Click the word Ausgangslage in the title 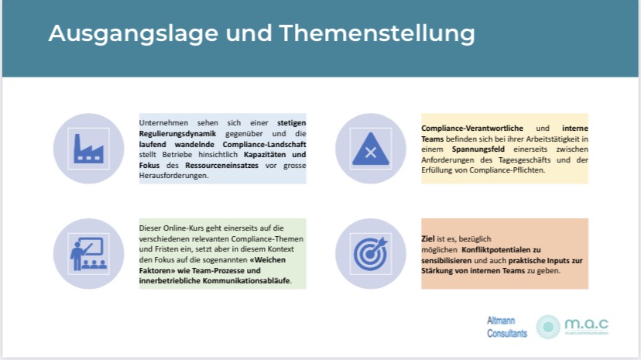(x=133, y=33)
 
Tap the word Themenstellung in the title (x=377, y=33)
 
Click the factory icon (x=89, y=149)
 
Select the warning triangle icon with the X (x=371, y=149)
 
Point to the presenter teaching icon (x=89, y=254)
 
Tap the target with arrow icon (x=371, y=254)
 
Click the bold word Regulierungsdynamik (x=177, y=134)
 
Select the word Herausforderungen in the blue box (x=173, y=176)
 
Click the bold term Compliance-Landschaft (x=264, y=144)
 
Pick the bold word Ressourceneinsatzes (x=221, y=166)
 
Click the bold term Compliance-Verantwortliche (x=472, y=129)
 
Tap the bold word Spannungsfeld (x=478, y=149)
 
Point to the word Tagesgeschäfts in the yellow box (x=525, y=160)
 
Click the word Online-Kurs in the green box (x=183, y=228)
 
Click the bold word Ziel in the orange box (x=427, y=239)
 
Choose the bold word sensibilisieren (x=447, y=260)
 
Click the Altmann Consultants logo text (x=507, y=327)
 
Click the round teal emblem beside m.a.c (x=548, y=327)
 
